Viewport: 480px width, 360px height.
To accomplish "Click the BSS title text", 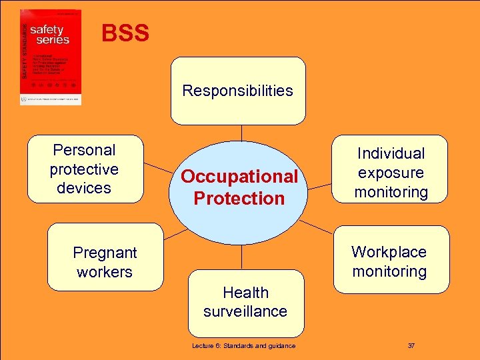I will click(x=125, y=33).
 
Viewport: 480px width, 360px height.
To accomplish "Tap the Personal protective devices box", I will click(x=85, y=169).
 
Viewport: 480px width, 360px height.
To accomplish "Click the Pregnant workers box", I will click(x=105, y=258).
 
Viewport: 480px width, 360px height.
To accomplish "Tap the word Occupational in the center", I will click(x=239, y=177).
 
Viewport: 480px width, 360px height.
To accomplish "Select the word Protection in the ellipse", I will click(x=239, y=199).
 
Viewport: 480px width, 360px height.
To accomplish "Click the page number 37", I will click(x=411, y=345).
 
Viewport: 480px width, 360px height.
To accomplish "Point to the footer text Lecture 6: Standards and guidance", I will click(x=243, y=345).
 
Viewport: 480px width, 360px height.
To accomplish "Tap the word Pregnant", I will click(x=105, y=253).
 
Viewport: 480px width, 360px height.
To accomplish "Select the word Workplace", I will click(x=389, y=251).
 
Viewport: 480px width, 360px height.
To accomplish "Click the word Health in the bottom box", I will click(x=245, y=293).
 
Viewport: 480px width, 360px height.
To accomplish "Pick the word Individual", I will click(x=391, y=153).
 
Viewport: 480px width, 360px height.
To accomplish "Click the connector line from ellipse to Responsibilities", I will click(x=239, y=133).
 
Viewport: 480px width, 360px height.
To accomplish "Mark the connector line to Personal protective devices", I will click(x=159, y=172).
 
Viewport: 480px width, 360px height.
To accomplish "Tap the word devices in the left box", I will click(x=84, y=188).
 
